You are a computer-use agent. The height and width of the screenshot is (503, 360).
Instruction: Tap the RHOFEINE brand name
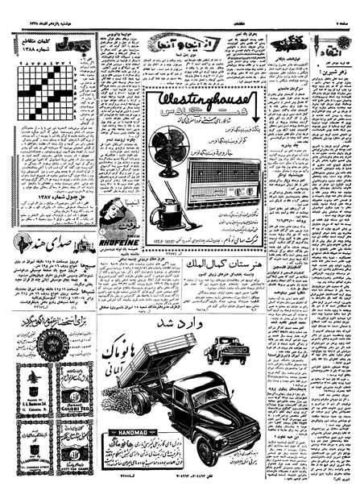click(119, 227)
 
